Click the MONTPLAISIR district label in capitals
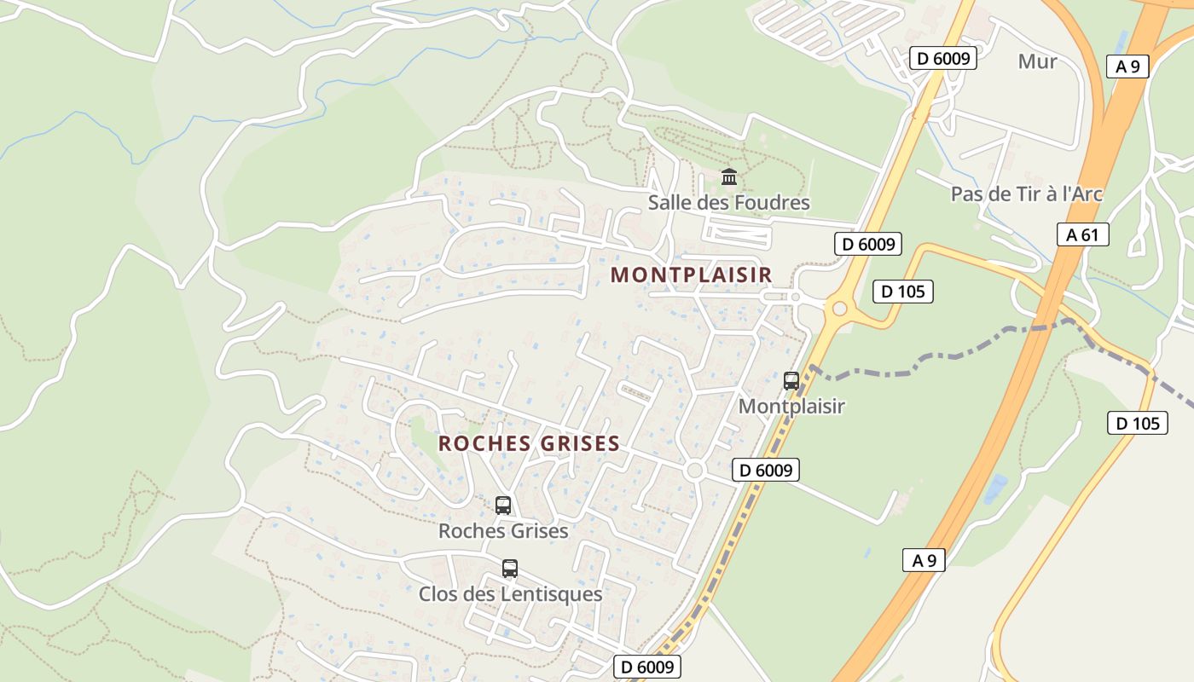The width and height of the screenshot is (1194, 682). pos(691,275)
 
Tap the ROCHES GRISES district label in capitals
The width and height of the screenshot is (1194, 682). pos(529,444)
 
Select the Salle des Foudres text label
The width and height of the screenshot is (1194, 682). pos(728,203)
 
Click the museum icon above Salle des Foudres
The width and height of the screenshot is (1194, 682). pos(729,177)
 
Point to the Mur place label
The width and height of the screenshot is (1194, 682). pos(1037,61)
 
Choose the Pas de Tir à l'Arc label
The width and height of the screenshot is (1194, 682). pos(1026,194)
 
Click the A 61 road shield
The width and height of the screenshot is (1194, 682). pos(1082,234)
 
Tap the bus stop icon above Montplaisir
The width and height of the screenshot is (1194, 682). pos(791,380)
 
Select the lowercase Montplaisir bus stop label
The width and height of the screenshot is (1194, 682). pos(791,407)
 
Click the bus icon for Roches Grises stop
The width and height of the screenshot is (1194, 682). pos(503,505)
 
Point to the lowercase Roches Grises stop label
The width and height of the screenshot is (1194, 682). pos(503,531)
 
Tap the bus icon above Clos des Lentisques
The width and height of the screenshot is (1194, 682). pos(510,568)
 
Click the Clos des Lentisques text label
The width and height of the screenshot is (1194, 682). pos(510,594)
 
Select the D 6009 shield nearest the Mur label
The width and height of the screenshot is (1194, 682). pos(942,58)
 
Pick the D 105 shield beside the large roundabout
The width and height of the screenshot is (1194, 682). pos(903,292)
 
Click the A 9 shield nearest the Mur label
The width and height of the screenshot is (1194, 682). pos(1127,66)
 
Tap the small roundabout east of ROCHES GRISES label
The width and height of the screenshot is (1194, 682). pos(694,470)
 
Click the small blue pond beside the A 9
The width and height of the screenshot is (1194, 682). pos(994,489)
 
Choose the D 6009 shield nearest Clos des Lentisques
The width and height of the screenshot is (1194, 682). pos(646,667)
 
